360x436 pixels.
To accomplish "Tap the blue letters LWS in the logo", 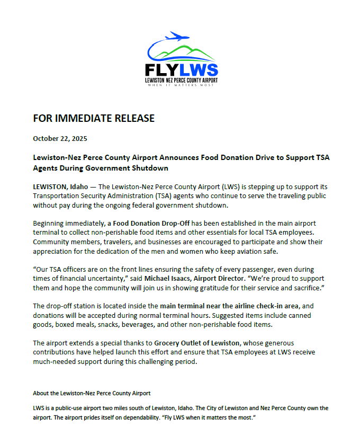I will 199,70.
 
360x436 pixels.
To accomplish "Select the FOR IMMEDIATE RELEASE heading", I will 94,118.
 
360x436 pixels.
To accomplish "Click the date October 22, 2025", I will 60,139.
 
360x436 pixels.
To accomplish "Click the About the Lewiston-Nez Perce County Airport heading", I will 92,393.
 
